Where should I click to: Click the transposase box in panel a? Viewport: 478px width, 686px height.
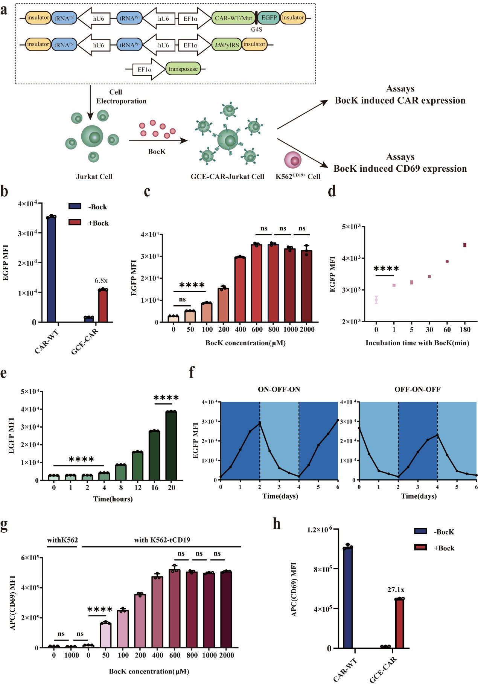(x=183, y=69)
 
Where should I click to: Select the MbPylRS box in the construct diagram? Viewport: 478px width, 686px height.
(x=227, y=45)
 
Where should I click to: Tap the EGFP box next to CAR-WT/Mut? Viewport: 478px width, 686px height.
(x=269, y=18)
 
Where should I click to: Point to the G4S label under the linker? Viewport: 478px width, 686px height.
(x=257, y=29)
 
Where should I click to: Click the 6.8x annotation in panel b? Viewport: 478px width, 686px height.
(x=101, y=280)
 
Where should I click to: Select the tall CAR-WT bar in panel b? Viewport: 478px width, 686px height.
(x=51, y=269)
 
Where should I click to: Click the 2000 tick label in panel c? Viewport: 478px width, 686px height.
(x=307, y=329)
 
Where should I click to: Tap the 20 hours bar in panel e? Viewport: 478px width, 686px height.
(x=171, y=446)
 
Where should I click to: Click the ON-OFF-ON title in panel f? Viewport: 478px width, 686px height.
(x=279, y=389)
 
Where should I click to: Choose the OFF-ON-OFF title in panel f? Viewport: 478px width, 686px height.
(x=417, y=389)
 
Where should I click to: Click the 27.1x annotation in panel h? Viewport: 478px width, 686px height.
(x=396, y=590)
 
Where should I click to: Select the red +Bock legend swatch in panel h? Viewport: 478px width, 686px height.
(x=420, y=547)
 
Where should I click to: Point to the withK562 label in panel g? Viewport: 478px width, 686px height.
(x=62, y=540)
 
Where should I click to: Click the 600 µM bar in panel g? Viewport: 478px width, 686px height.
(x=175, y=608)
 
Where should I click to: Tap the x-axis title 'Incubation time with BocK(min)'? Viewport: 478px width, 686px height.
(x=417, y=343)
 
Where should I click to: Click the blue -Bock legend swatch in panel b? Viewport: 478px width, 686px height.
(x=75, y=206)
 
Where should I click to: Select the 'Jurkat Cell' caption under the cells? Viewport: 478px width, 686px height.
(x=94, y=177)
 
